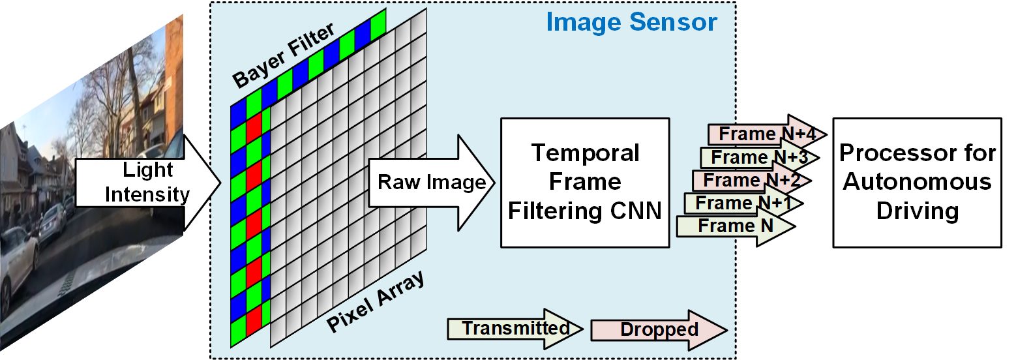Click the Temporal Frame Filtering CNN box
[x=585, y=183]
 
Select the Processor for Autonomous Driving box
[x=917, y=183]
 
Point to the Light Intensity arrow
[x=147, y=183]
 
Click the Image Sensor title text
[x=631, y=23]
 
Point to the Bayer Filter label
[x=284, y=57]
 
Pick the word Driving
[x=917, y=210]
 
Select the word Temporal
[x=585, y=153]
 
